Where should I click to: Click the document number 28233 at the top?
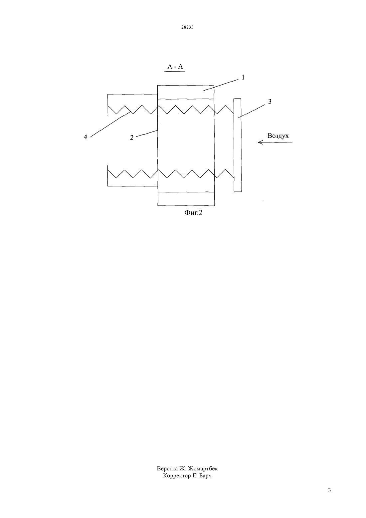point(187,27)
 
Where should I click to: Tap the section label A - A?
point(175,67)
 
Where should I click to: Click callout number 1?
point(243,78)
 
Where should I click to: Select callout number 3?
point(270,102)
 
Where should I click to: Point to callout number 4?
point(85,137)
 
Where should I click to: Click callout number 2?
point(132,137)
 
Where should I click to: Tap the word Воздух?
point(278,136)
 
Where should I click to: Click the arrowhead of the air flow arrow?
point(259,142)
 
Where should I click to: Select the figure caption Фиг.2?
point(193,212)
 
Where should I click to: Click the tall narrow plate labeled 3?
point(237,145)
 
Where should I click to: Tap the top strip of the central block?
point(186,92)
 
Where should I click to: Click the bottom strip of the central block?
point(186,199)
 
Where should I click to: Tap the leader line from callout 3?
point(252,111)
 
